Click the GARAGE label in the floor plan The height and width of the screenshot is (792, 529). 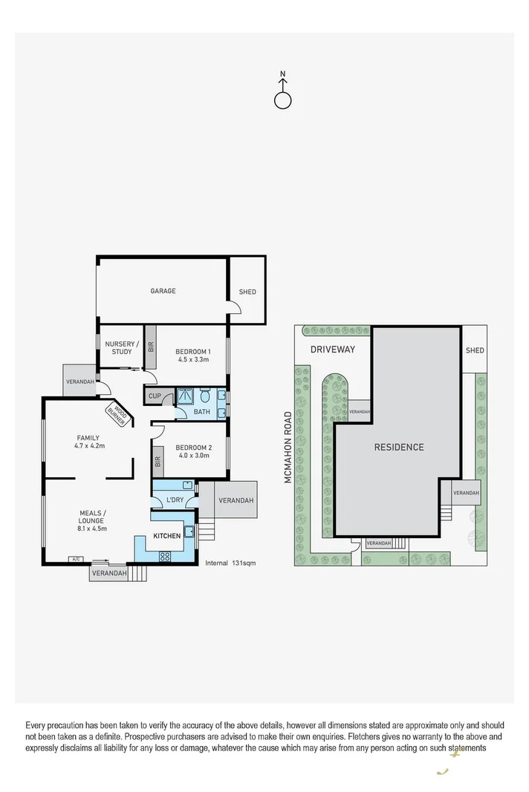pos(163,291)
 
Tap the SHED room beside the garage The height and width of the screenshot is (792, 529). pos(247,292)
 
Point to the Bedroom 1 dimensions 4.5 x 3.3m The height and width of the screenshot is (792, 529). pos(193,359)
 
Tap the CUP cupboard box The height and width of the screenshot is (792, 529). pos(155,396)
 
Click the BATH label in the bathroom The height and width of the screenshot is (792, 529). pos(201,412)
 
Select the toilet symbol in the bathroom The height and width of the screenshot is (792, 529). pos(205,396)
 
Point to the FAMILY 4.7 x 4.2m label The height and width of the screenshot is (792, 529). pos(87,442)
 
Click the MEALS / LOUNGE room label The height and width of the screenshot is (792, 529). pos(93,517)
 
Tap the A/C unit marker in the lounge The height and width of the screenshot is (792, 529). pos(76,559)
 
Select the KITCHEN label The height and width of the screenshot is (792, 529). pos(167,535)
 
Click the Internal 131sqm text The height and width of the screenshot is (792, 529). pos(230,563)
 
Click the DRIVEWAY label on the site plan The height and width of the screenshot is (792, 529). pos(333,350)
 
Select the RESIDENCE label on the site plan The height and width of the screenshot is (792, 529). pos(398,447)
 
